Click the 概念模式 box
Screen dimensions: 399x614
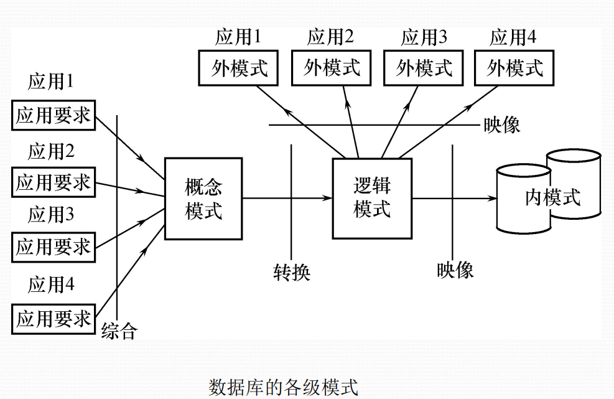coord(203,199)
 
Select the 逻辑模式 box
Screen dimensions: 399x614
coord(372,199)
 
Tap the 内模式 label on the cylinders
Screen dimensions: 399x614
coord(552,198)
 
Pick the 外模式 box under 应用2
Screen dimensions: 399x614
coord(332,68)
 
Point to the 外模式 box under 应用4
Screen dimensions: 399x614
coord(514,68)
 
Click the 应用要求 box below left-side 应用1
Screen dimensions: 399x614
coord(53,115)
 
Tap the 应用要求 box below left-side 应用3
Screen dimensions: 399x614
coord(53,247)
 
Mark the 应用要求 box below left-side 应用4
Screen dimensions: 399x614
coord(53,319)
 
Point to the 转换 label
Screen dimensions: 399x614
coord(291,272)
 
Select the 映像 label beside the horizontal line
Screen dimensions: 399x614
coord(501,125)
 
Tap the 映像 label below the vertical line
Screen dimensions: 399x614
coord(455,270)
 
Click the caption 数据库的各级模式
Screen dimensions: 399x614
coord(283,387)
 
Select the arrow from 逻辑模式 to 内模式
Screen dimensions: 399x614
coord(454,199)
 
